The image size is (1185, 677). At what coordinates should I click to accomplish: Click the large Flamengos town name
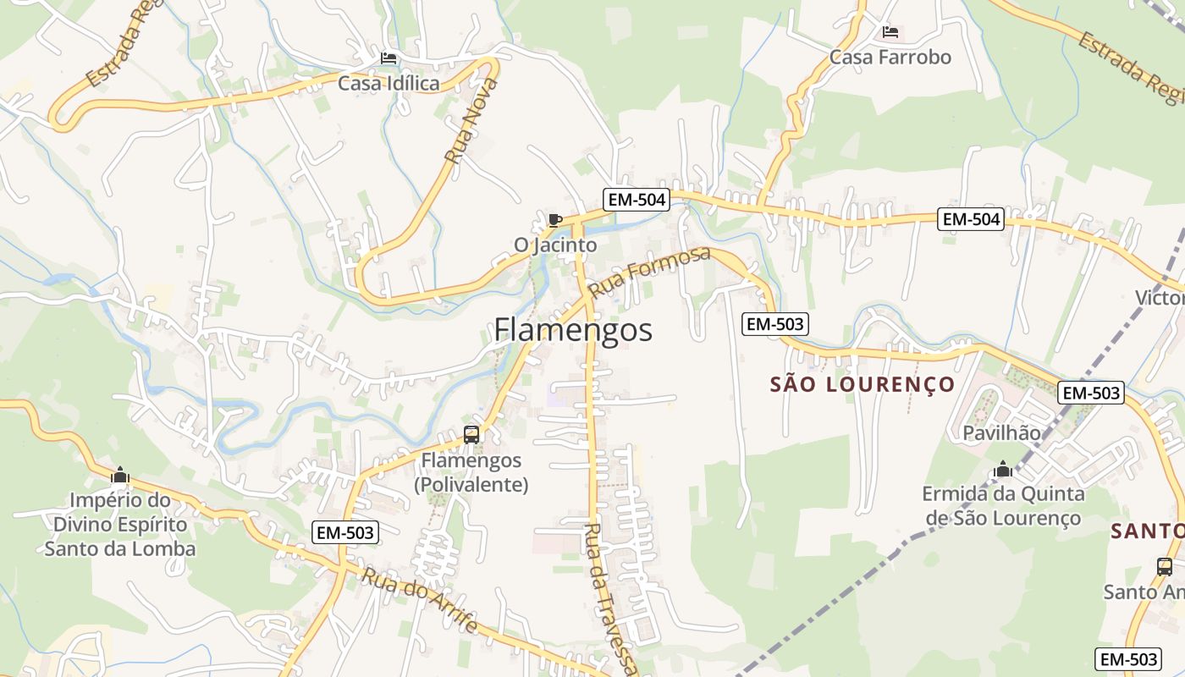pos(573,330)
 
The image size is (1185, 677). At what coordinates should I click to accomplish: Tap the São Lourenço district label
pos(862,385)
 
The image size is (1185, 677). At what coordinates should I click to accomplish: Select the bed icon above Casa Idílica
pos(389,58)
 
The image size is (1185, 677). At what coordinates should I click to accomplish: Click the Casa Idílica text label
pos(389,84)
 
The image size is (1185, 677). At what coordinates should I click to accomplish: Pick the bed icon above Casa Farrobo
pos(890,32)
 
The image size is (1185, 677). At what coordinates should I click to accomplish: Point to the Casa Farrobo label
pos(890,58)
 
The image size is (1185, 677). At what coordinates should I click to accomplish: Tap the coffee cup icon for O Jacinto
pos(555,221)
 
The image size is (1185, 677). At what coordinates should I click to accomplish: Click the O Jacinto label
pos(555,245)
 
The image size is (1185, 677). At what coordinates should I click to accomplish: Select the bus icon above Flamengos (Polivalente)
pos(471,435)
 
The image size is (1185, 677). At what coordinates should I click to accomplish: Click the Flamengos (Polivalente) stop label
pos(471,473)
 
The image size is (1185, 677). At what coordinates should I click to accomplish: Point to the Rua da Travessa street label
pos(608,599)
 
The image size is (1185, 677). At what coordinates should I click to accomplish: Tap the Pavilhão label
pos(1002,433)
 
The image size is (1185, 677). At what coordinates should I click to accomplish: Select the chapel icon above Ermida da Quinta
pos(1003,469)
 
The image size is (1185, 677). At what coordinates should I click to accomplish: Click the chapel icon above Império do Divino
pos(119,475)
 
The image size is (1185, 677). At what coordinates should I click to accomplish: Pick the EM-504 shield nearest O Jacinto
pos(636,200)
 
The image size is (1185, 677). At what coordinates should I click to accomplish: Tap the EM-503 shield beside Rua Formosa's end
pos(774,323)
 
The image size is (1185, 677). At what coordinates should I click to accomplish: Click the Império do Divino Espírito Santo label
pos(119,524)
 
